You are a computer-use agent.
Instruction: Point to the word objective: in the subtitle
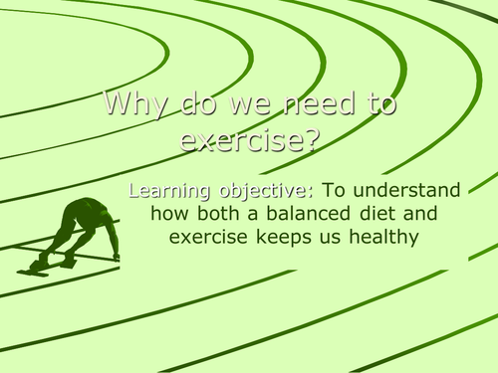click(x=259, y=192)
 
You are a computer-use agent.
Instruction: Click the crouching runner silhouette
click(x=80, y=231)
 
